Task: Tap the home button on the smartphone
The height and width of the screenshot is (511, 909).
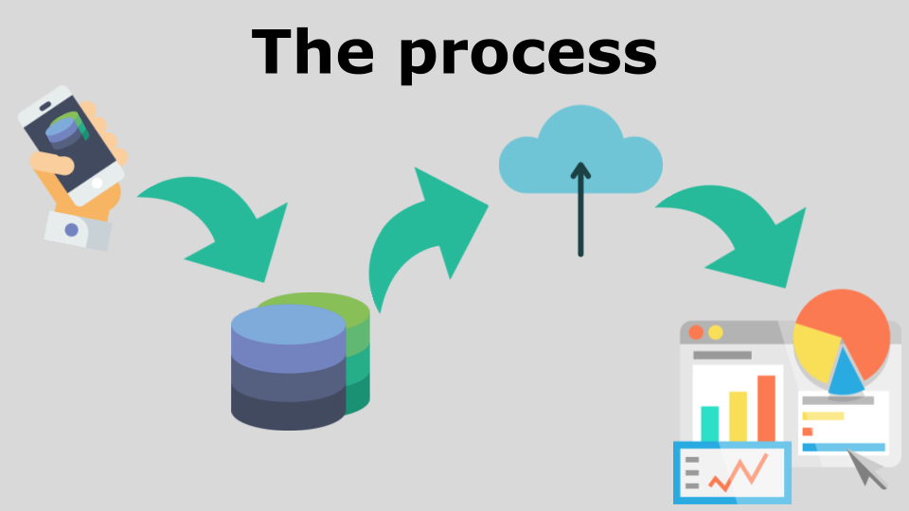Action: [98, 183]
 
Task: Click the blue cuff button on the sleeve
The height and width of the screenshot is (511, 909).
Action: [71, 230]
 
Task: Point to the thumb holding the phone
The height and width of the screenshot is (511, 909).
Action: [55, 162]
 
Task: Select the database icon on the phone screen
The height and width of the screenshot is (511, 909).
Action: [65, 129]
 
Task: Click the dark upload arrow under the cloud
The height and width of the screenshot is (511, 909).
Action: [580, 208]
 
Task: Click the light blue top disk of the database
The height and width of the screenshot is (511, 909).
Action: [289, 326]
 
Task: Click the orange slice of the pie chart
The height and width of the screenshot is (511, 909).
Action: [852, 326]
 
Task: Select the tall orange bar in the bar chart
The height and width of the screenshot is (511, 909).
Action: [766, 407]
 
